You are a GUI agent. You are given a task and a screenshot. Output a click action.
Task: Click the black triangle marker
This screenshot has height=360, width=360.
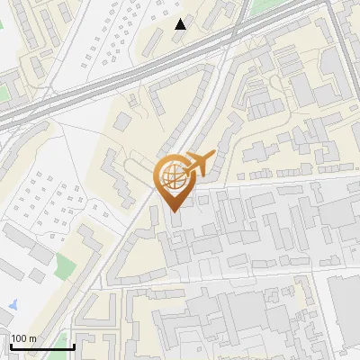[x=181, y=23]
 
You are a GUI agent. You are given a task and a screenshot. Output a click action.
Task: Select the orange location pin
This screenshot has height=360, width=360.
[x=173, y=180]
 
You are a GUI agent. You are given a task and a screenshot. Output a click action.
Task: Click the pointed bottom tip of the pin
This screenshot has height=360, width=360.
[x=173, y=211]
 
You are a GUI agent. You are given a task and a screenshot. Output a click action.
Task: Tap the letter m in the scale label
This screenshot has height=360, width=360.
[x=33, y=338]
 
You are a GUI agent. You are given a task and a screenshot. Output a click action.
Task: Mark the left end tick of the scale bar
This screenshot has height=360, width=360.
[x=10, y=344]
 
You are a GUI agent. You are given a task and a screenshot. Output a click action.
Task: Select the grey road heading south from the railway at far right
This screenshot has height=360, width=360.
[x=344, y=54]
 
